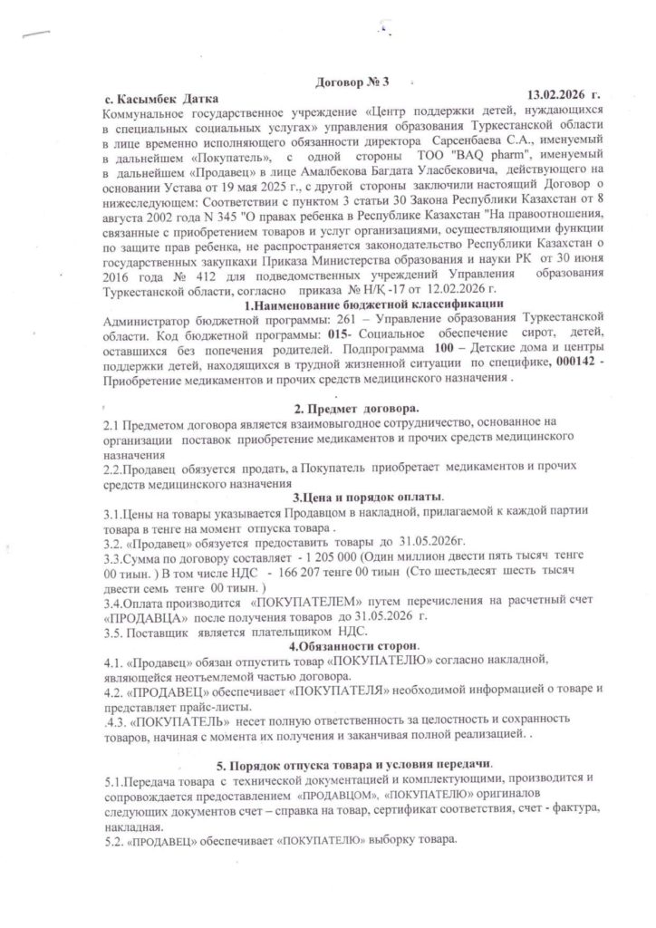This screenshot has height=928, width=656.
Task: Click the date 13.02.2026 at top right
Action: [563, 94]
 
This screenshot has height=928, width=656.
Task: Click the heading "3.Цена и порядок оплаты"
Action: [367, 498]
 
